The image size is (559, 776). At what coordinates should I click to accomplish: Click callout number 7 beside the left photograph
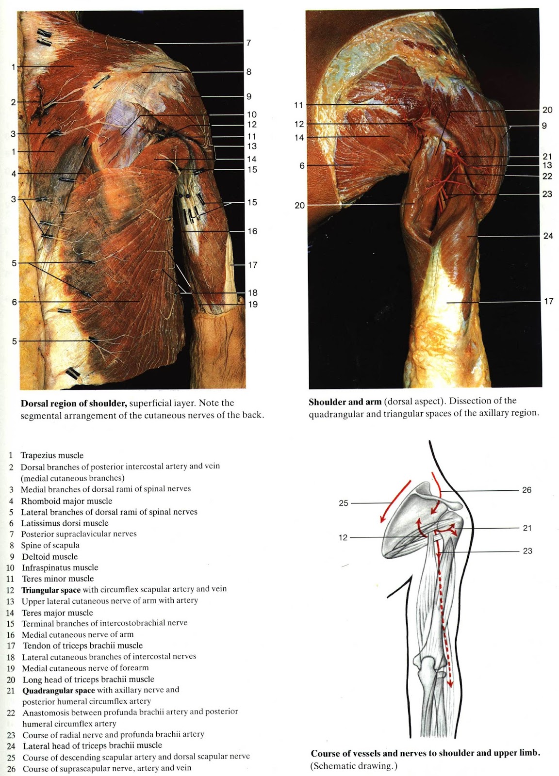point(248,43)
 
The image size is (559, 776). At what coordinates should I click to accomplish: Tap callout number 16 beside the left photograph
point(252,231)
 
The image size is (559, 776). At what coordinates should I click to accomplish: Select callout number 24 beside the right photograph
point(548,236)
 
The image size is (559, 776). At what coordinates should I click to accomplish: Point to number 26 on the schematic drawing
point(526,490)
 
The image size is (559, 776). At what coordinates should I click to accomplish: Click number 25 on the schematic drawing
point(344,503)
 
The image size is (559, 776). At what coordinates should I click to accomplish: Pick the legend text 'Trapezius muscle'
point(52,455)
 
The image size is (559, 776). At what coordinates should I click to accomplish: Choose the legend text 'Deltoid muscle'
point(49,557)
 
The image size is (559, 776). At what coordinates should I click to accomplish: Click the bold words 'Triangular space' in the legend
point(51,590)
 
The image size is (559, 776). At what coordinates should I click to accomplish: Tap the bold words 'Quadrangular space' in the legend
point(59,690)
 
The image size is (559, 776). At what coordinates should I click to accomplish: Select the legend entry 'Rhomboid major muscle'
point(66,501)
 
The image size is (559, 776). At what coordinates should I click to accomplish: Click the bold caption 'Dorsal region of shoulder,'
point(74,403)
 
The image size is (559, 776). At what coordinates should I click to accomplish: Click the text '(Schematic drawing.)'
point(354,766)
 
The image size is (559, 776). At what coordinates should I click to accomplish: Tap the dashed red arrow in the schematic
point(445,630)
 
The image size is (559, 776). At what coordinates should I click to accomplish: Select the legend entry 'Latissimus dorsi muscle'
point(65,523)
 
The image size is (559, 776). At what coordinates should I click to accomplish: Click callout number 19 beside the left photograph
point(253,305)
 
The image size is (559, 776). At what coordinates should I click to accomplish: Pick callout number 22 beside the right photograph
point(547,176)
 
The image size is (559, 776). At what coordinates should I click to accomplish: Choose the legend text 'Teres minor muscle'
point(58,579)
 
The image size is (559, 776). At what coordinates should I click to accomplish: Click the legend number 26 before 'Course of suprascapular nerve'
point(11,769)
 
